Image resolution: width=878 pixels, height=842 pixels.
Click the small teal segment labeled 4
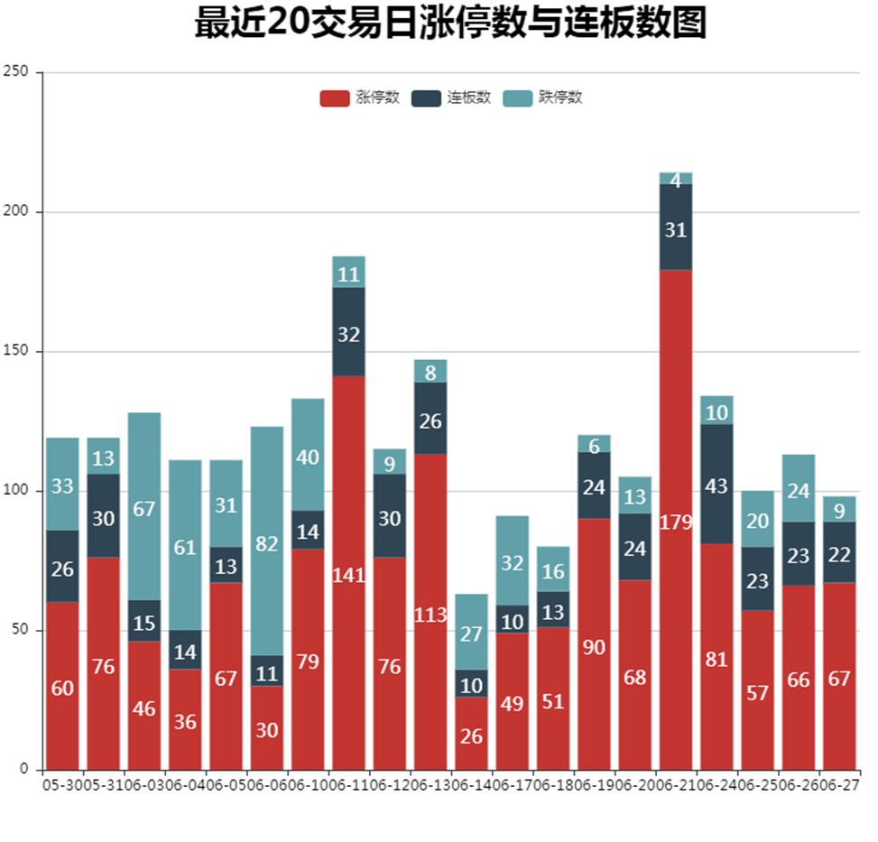click(x=676, y=178)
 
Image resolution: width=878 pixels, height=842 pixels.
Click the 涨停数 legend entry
click(x=360, y=97)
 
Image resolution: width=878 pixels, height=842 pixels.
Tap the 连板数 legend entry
click(x=451, y=97)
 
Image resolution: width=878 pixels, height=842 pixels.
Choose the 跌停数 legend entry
click(x=542, y=97)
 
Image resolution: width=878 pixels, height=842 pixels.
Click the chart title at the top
click(x=449, y=23)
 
